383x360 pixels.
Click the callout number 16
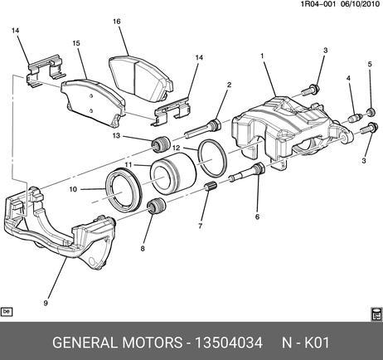click(117, 22)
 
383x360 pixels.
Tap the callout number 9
click(46, 303)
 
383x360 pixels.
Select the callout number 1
click(262, 56)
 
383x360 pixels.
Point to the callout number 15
click(76, 43)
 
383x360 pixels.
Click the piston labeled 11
click(173, 173)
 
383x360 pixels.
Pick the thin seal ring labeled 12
click(212, 158)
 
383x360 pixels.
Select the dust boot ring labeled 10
click(124, 190)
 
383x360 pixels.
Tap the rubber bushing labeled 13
click(160, 144)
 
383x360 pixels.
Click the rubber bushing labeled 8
click(157, 207)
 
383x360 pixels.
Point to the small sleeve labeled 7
click(212, 187)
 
